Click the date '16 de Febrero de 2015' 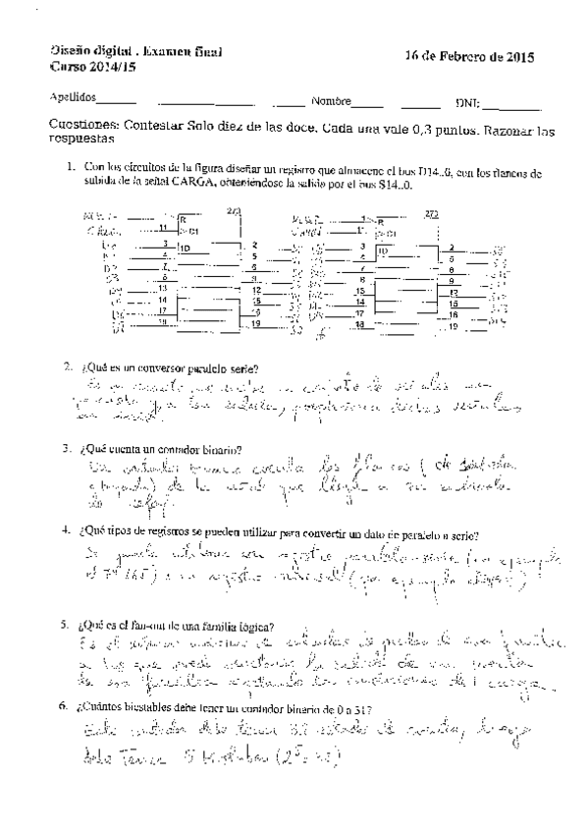469,59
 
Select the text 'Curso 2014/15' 87,67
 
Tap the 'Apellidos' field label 73,99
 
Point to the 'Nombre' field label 332,100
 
